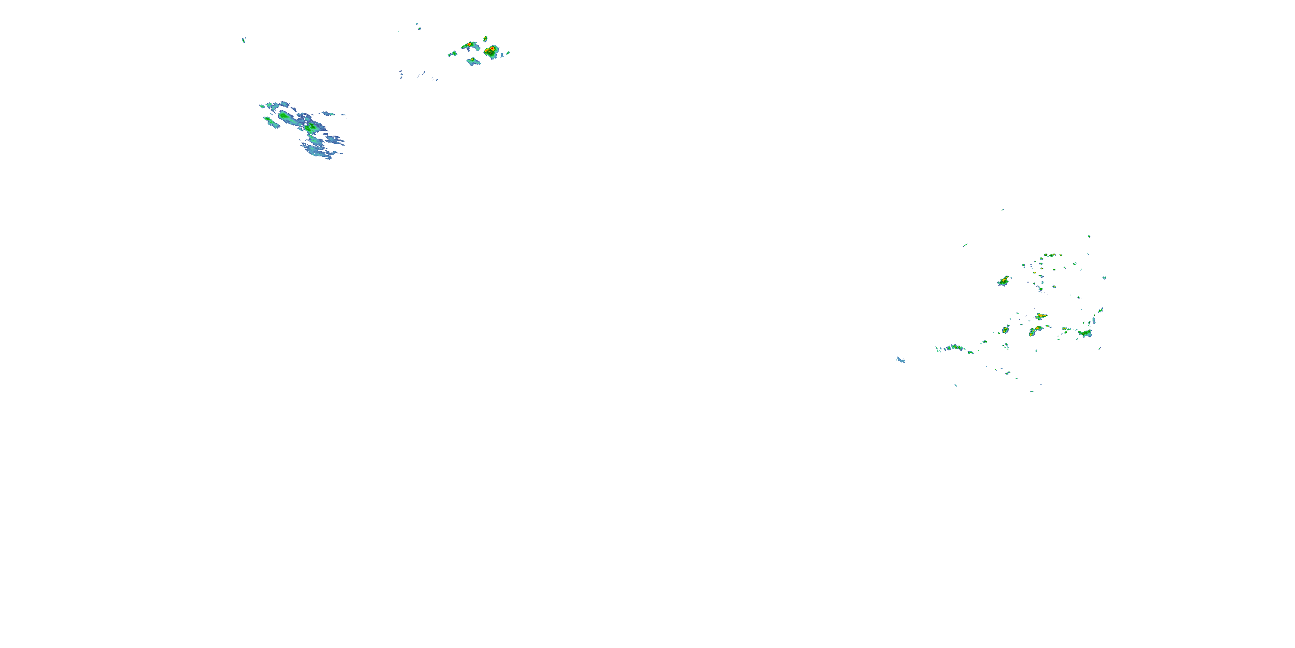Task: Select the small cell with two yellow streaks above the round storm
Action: click(x=485, y=38)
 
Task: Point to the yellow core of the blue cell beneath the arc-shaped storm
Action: click(x=473, y=60)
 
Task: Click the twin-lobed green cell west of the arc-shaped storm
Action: click(x=452, y=53)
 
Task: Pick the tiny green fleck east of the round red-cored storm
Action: click(x=508, y=52)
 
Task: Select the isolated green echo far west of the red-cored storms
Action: click(x=244, y=40)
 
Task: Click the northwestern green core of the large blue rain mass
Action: click(x=284, y=116)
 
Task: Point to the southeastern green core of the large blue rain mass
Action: click(x=311, y=128)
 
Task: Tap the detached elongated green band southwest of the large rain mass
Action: click(x=271, y=122)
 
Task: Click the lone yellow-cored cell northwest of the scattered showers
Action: click(x=1004, y=281)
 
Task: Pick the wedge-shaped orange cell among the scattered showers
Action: click(x=1041, y=316)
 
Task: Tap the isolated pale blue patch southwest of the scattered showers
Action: click(x=900, y=360)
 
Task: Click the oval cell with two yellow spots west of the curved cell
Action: click(x=1005, y=330)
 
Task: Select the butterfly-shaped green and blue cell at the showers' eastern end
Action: click(x=1085, y=333)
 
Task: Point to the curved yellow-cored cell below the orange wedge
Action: click(x=1035, y=330)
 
